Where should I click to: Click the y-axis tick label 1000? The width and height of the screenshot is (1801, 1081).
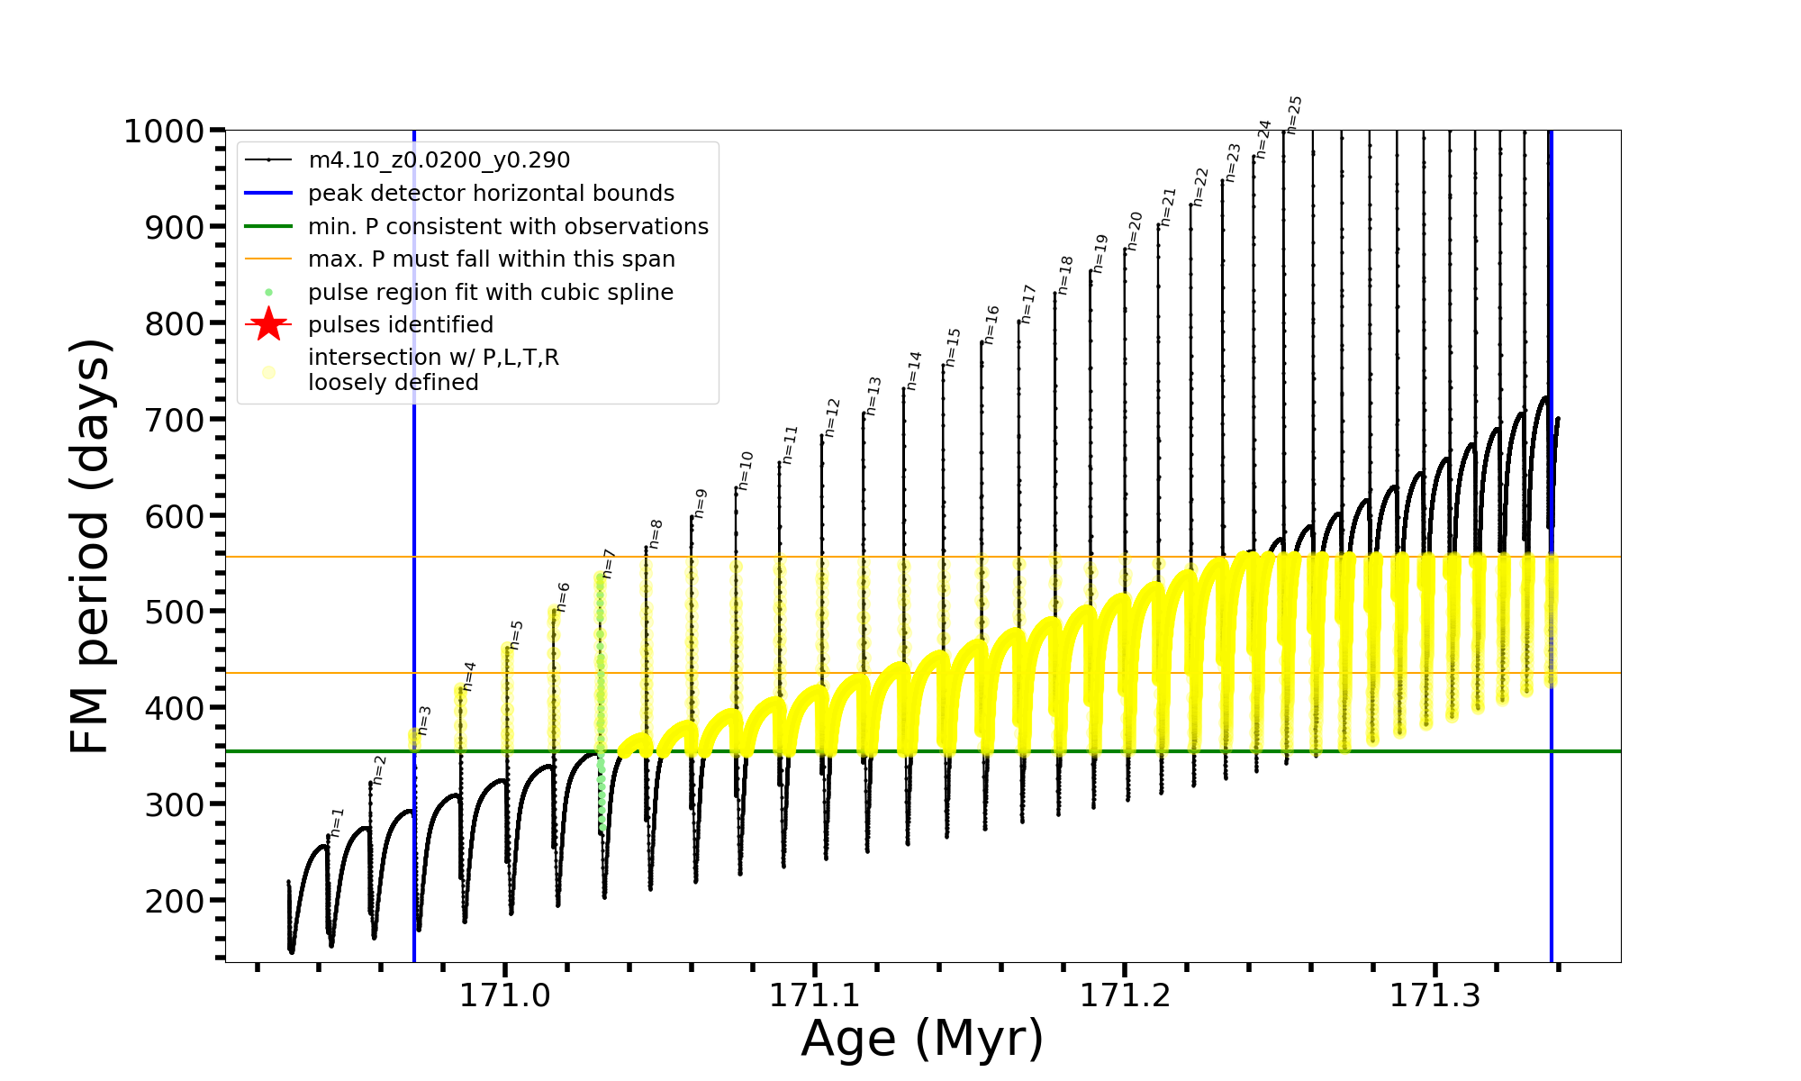tap(163, 132)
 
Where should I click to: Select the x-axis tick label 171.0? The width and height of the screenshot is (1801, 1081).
tap(505, 996)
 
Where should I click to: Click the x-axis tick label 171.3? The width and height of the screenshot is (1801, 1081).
tap(1435, 996)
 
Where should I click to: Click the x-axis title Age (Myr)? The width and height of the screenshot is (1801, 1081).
tap(922, 1039)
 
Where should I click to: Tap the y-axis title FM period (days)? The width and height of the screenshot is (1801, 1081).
tap(91, 546)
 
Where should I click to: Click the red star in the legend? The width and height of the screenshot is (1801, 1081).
tap(268, 324)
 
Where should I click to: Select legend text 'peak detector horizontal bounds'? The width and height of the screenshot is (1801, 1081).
tap(491, 194)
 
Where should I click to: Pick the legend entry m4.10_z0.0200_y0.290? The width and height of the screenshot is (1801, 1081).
tap(439, 160)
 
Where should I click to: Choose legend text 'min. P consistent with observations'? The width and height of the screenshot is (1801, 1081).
tap(508, 226)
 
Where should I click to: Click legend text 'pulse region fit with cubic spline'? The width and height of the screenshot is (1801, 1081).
tap(491, 293)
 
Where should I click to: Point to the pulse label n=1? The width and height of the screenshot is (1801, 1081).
tap(338, 822)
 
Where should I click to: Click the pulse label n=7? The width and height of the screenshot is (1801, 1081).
tap(609, 563)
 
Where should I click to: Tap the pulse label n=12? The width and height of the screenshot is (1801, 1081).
tap(832, 417)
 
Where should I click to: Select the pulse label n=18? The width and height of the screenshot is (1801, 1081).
tap(1066, 275)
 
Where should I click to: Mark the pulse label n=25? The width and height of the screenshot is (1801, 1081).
tap(1294, 114)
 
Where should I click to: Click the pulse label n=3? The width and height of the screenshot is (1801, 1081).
tap(425, 720)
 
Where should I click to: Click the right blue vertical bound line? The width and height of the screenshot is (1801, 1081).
tap(1552, 811)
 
